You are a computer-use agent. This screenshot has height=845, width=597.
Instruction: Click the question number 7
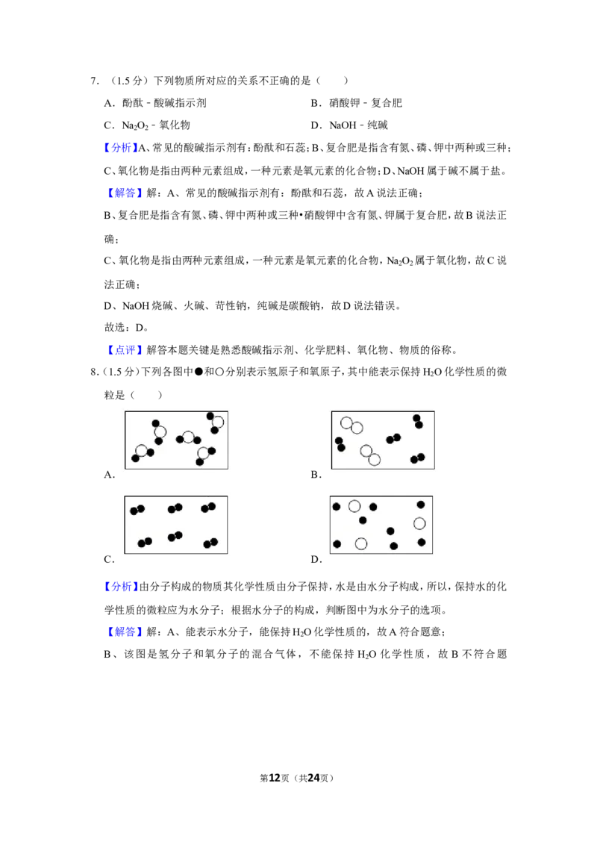[94, 81]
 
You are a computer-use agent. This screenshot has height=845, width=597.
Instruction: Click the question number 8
[94, 372]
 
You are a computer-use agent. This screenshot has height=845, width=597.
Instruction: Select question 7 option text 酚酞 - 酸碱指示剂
[163, 103]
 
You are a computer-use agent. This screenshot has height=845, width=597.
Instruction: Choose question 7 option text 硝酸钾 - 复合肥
[366, 103]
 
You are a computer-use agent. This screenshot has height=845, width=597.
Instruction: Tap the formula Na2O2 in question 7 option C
[135, 125]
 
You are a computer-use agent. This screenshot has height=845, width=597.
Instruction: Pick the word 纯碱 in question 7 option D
[377, 125]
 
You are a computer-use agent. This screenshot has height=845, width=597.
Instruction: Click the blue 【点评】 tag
[125, 350]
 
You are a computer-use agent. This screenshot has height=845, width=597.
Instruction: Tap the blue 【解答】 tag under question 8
[125, 632]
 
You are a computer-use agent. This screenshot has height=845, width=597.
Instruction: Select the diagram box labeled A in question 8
[176, 440]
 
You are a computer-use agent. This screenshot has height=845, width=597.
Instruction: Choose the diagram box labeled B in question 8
[383, 440]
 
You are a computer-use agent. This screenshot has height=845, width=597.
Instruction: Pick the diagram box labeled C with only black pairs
[175, 525]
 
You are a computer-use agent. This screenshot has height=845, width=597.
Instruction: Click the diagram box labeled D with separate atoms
[381, 525]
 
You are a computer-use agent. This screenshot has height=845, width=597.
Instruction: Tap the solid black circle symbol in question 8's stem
[199, 372]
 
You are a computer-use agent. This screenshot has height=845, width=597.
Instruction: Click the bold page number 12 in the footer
[275, 778]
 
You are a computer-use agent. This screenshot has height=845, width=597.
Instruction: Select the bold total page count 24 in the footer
[313, 778]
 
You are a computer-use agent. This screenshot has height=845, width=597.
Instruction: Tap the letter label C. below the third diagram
[110, 559]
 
